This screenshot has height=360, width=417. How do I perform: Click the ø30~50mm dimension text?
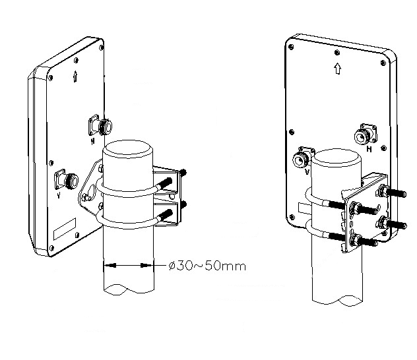[x=207, y=266]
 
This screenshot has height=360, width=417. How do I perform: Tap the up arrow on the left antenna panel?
[x=75, y=76]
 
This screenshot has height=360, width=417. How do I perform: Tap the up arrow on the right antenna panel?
[x=337, y=69]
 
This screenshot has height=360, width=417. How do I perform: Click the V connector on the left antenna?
[x=67, y=179]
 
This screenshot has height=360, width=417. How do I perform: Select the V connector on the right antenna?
[x=302, y=158]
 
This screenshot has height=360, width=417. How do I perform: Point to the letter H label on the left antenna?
[x=92, y=141]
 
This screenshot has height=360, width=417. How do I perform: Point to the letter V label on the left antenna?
[x=59, y=196]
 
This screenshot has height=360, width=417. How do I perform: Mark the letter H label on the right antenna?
[x=369, y=149]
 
